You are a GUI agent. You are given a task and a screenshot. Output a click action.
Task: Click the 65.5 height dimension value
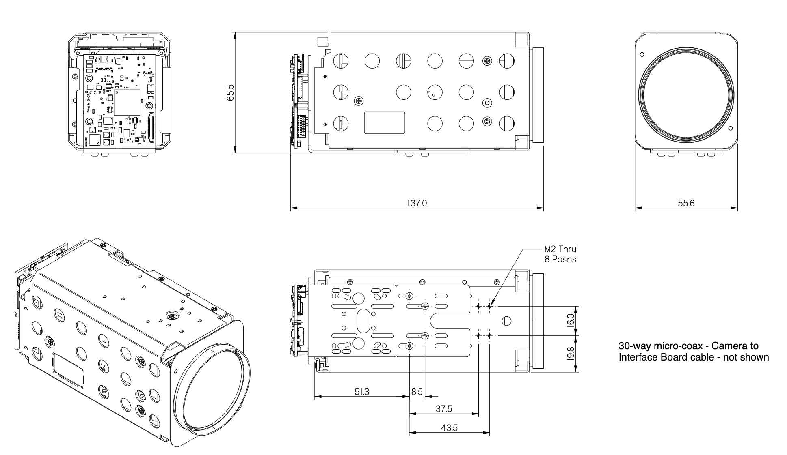(x=230, y=92)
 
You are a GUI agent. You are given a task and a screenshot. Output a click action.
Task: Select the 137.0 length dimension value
(x=417, y=203)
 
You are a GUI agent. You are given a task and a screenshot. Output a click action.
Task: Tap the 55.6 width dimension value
(x=686, y=203)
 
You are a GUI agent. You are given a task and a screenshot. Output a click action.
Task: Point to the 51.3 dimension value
(x=361, y=391)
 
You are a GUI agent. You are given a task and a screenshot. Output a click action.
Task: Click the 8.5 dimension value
(x=417, y=392)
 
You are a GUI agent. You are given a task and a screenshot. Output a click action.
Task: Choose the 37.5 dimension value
(x=443, y=409)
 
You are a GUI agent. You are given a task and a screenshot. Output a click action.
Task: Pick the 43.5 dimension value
(x=449, y=428)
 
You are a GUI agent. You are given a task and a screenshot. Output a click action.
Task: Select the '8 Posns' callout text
(x=560, y=259)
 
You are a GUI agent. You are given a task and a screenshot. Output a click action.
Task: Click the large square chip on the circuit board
(x=127, y=103)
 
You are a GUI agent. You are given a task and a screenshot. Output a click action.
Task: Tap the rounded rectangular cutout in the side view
(x=384, y=122)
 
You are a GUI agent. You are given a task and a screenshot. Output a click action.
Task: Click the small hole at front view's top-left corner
(x=642, y=54)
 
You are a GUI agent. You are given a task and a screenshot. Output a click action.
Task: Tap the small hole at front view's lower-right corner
(x=731, y=129)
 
